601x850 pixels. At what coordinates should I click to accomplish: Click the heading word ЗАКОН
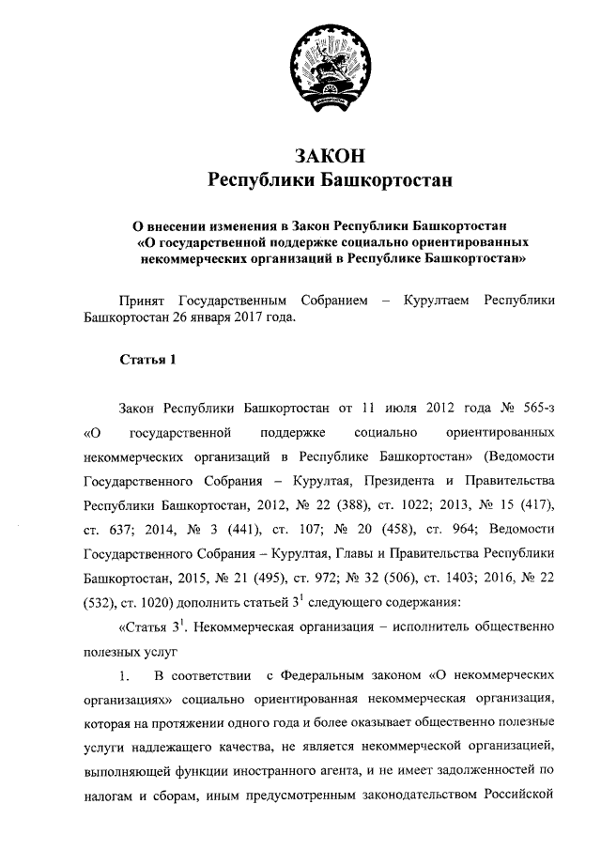pos(329,153)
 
